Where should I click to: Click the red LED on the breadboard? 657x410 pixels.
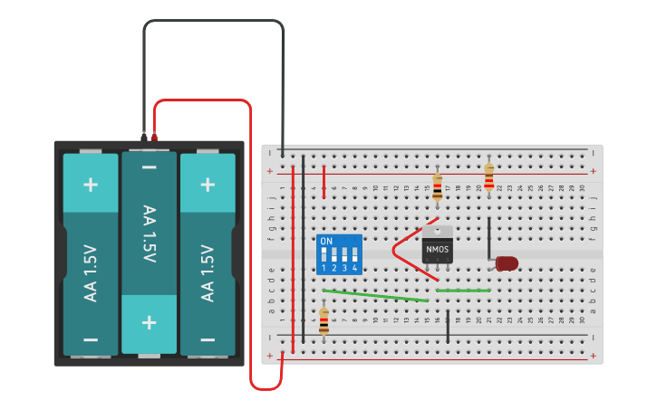[x=507, y=263]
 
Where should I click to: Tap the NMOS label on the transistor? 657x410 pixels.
[x=438, y=247]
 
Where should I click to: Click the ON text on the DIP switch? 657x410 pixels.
[x=326, y=242]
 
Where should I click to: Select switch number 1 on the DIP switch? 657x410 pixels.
[x=324, y=256]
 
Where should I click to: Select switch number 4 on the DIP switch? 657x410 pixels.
[x=354, y=256]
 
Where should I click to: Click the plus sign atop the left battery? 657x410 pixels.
[x=91, y=185]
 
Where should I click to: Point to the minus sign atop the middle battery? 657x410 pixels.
[x=150, y=168]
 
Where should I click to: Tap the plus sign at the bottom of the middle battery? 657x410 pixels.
[x=150, y=322]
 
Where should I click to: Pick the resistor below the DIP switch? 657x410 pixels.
[x=324, y=320]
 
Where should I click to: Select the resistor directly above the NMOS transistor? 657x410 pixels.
[x=438, y=186]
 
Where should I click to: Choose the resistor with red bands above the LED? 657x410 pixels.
[x=489, y=176]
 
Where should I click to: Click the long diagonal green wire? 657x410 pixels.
[x=376, y=295]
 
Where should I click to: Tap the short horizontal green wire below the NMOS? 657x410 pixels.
[x=463, y=291]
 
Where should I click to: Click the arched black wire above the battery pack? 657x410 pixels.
[x=213, y=22]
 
